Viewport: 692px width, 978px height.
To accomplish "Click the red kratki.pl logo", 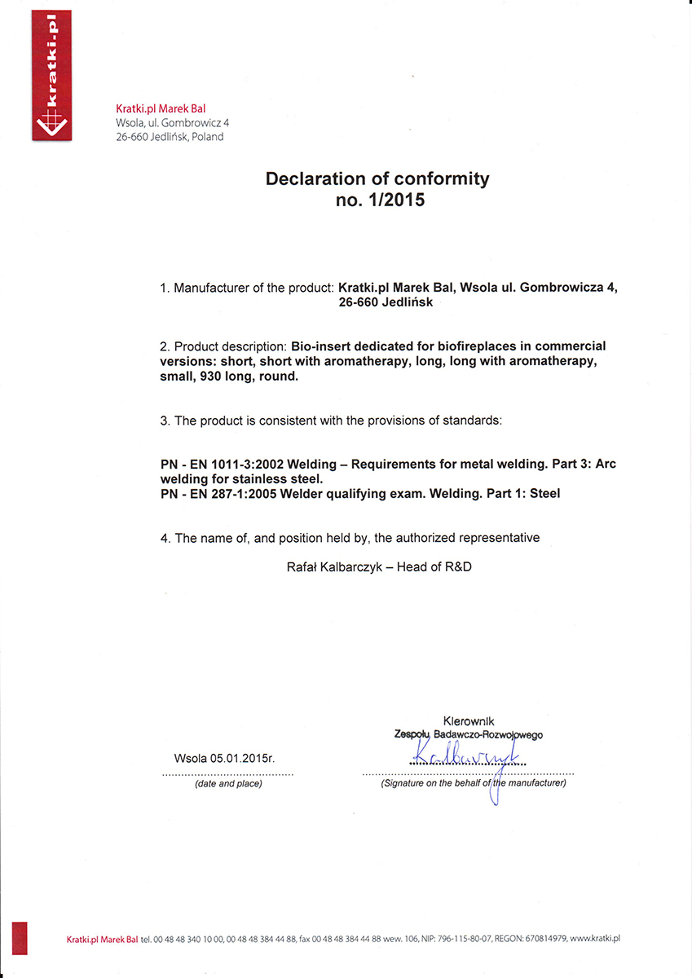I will point(50,75).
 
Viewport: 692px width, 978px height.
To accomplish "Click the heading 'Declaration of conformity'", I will point(377,178).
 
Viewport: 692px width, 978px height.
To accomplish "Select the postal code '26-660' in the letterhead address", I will point(132,137).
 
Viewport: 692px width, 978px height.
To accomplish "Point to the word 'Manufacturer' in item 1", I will point(213,288).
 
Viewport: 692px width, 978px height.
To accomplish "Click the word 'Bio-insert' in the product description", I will point(320,346).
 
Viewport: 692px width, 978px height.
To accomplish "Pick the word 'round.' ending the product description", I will point(281,377).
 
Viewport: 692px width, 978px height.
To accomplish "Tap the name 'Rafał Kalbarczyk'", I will point(324,567).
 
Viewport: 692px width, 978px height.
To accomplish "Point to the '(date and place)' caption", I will point(228,783).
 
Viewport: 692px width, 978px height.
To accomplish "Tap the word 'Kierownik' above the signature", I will point(468,721).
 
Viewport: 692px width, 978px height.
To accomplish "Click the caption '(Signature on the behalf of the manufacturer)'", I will point(473,783).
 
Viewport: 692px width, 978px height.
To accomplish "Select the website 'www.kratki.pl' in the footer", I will point(596,939).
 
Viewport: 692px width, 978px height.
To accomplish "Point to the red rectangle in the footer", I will point(20,937).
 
